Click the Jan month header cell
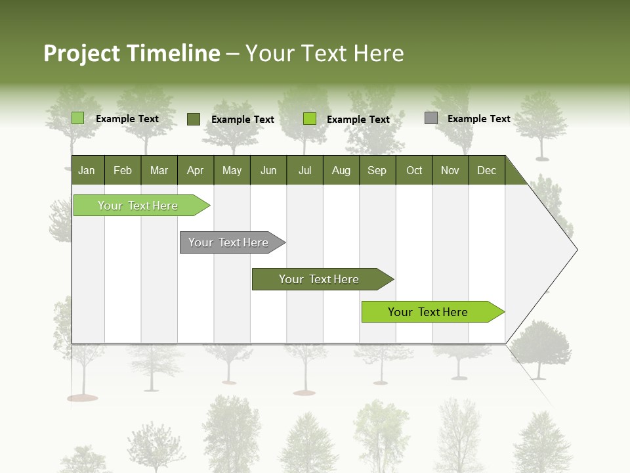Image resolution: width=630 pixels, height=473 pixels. [x=87, y=170]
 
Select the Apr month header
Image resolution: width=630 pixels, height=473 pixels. [x=196, y=170]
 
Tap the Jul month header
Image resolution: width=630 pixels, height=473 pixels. [x=304, y=170]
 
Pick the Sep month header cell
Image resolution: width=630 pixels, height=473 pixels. [x=377, y=170]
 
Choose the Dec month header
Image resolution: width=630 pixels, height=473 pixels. [x=486, y=170]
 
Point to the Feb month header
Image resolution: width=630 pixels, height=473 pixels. [x=123, y=170]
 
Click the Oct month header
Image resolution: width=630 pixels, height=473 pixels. [x=414, y=170]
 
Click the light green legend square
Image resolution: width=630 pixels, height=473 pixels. [x=77, y=118]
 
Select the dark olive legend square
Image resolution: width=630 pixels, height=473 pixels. [x=193, y=119]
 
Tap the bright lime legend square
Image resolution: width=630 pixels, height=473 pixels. [x=310, y=119]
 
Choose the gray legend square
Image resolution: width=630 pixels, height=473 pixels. [x=431, y=118]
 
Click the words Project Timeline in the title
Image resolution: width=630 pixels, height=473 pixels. [x=131, y=53]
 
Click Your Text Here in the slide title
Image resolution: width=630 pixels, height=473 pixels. [x=324, y=53]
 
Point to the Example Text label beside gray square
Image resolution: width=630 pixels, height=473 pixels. [x=478, y=119]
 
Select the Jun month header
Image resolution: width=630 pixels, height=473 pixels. [x=268, y=170]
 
